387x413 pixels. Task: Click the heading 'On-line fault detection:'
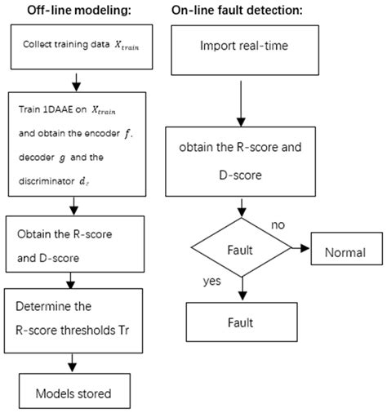click(x=237, y=11)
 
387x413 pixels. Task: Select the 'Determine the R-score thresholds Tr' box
click(x=76, y=319)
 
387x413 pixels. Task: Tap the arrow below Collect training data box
click(x=74, y=81)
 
